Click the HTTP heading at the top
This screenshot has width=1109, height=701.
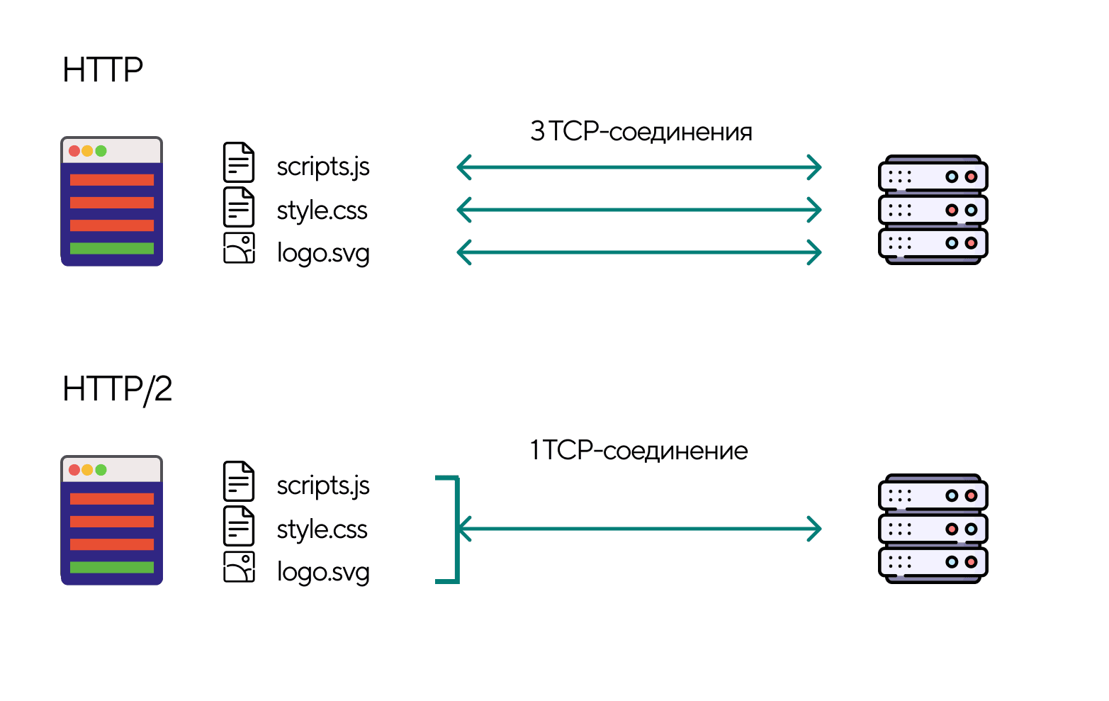click(103, 70)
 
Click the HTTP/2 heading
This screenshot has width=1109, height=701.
click(118, 389)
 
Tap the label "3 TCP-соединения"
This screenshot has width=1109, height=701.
click(641, 132)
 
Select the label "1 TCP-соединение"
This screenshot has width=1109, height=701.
click(638, 451)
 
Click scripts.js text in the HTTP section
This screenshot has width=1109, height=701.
click(323, 167)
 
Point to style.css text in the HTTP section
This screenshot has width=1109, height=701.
click(322, 211)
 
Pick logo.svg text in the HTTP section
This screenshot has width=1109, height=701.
click(323, 254)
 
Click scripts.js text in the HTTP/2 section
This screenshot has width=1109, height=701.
click(323, 486)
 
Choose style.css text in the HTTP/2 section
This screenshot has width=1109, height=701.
click(322, 529)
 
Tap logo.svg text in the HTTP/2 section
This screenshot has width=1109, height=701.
click(323, 573)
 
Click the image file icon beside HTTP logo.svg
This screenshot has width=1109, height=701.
click(239, 249)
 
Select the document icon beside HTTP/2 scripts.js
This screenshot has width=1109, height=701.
click(239, 481)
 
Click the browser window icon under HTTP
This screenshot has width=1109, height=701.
click(112, 201)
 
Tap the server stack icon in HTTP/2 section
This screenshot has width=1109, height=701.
click(933, 529)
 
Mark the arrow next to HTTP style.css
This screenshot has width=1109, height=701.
click(638, 210)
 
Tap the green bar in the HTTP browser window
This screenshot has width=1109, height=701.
click(112, 248)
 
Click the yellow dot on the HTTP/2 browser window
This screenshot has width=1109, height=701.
click(87, 470)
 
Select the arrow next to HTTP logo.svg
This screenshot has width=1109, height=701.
click(638, 252)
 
